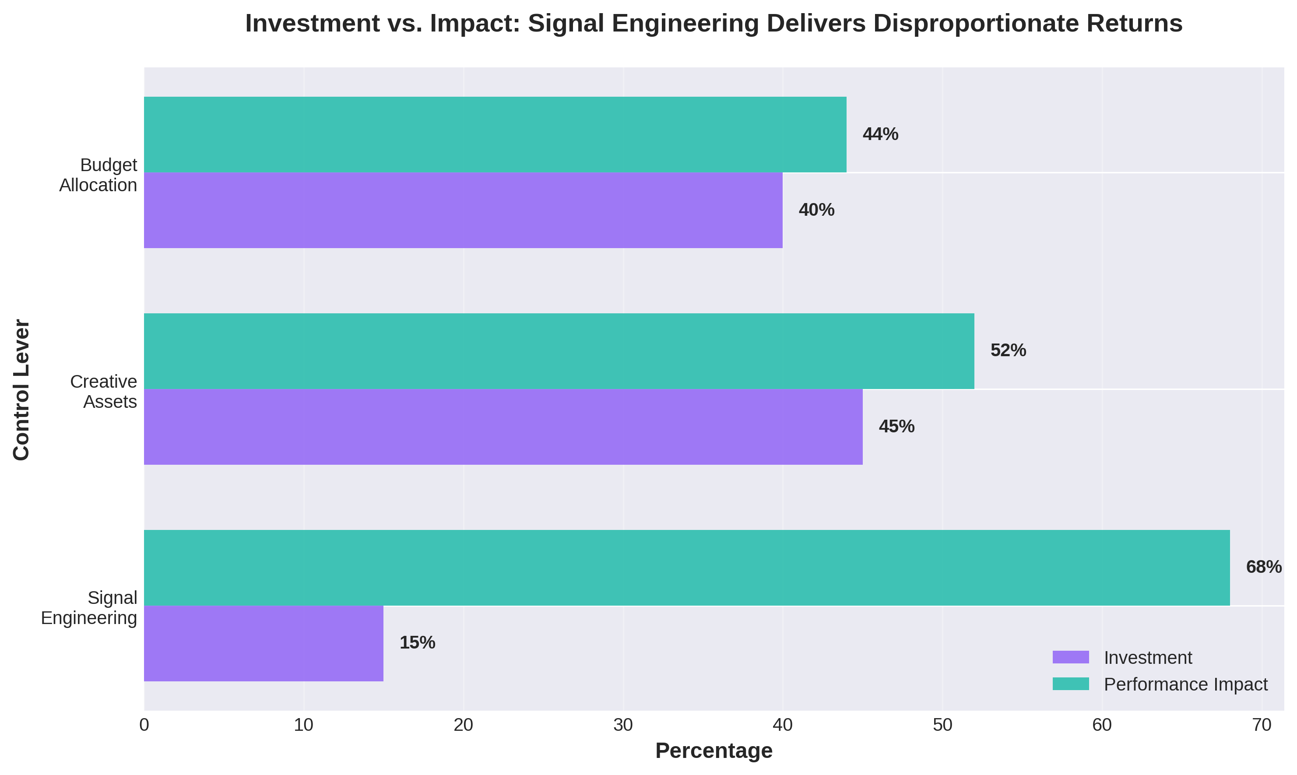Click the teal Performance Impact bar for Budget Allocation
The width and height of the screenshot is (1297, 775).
[495, 134]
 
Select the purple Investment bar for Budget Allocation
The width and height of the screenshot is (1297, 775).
[463, 210]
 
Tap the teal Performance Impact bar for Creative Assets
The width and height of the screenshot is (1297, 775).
[559, 351]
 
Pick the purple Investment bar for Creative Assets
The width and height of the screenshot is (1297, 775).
[503, 427]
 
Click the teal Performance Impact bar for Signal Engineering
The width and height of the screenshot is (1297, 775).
[686, 568]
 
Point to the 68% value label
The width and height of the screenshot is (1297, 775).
[1263, 567]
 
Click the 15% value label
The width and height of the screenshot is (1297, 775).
[417, 643]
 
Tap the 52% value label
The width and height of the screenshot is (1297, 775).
[1008, 351]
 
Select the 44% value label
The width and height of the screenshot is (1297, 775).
[880, 134]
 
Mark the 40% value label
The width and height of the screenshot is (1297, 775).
[816, 210]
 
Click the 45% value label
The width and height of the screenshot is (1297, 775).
[896, 427]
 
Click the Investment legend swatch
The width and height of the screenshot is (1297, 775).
[1070, 657]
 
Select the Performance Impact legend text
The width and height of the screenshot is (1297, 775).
[1185, 684]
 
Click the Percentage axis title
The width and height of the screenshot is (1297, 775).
[714, 751]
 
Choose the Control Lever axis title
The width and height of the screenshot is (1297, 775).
[21, 389]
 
